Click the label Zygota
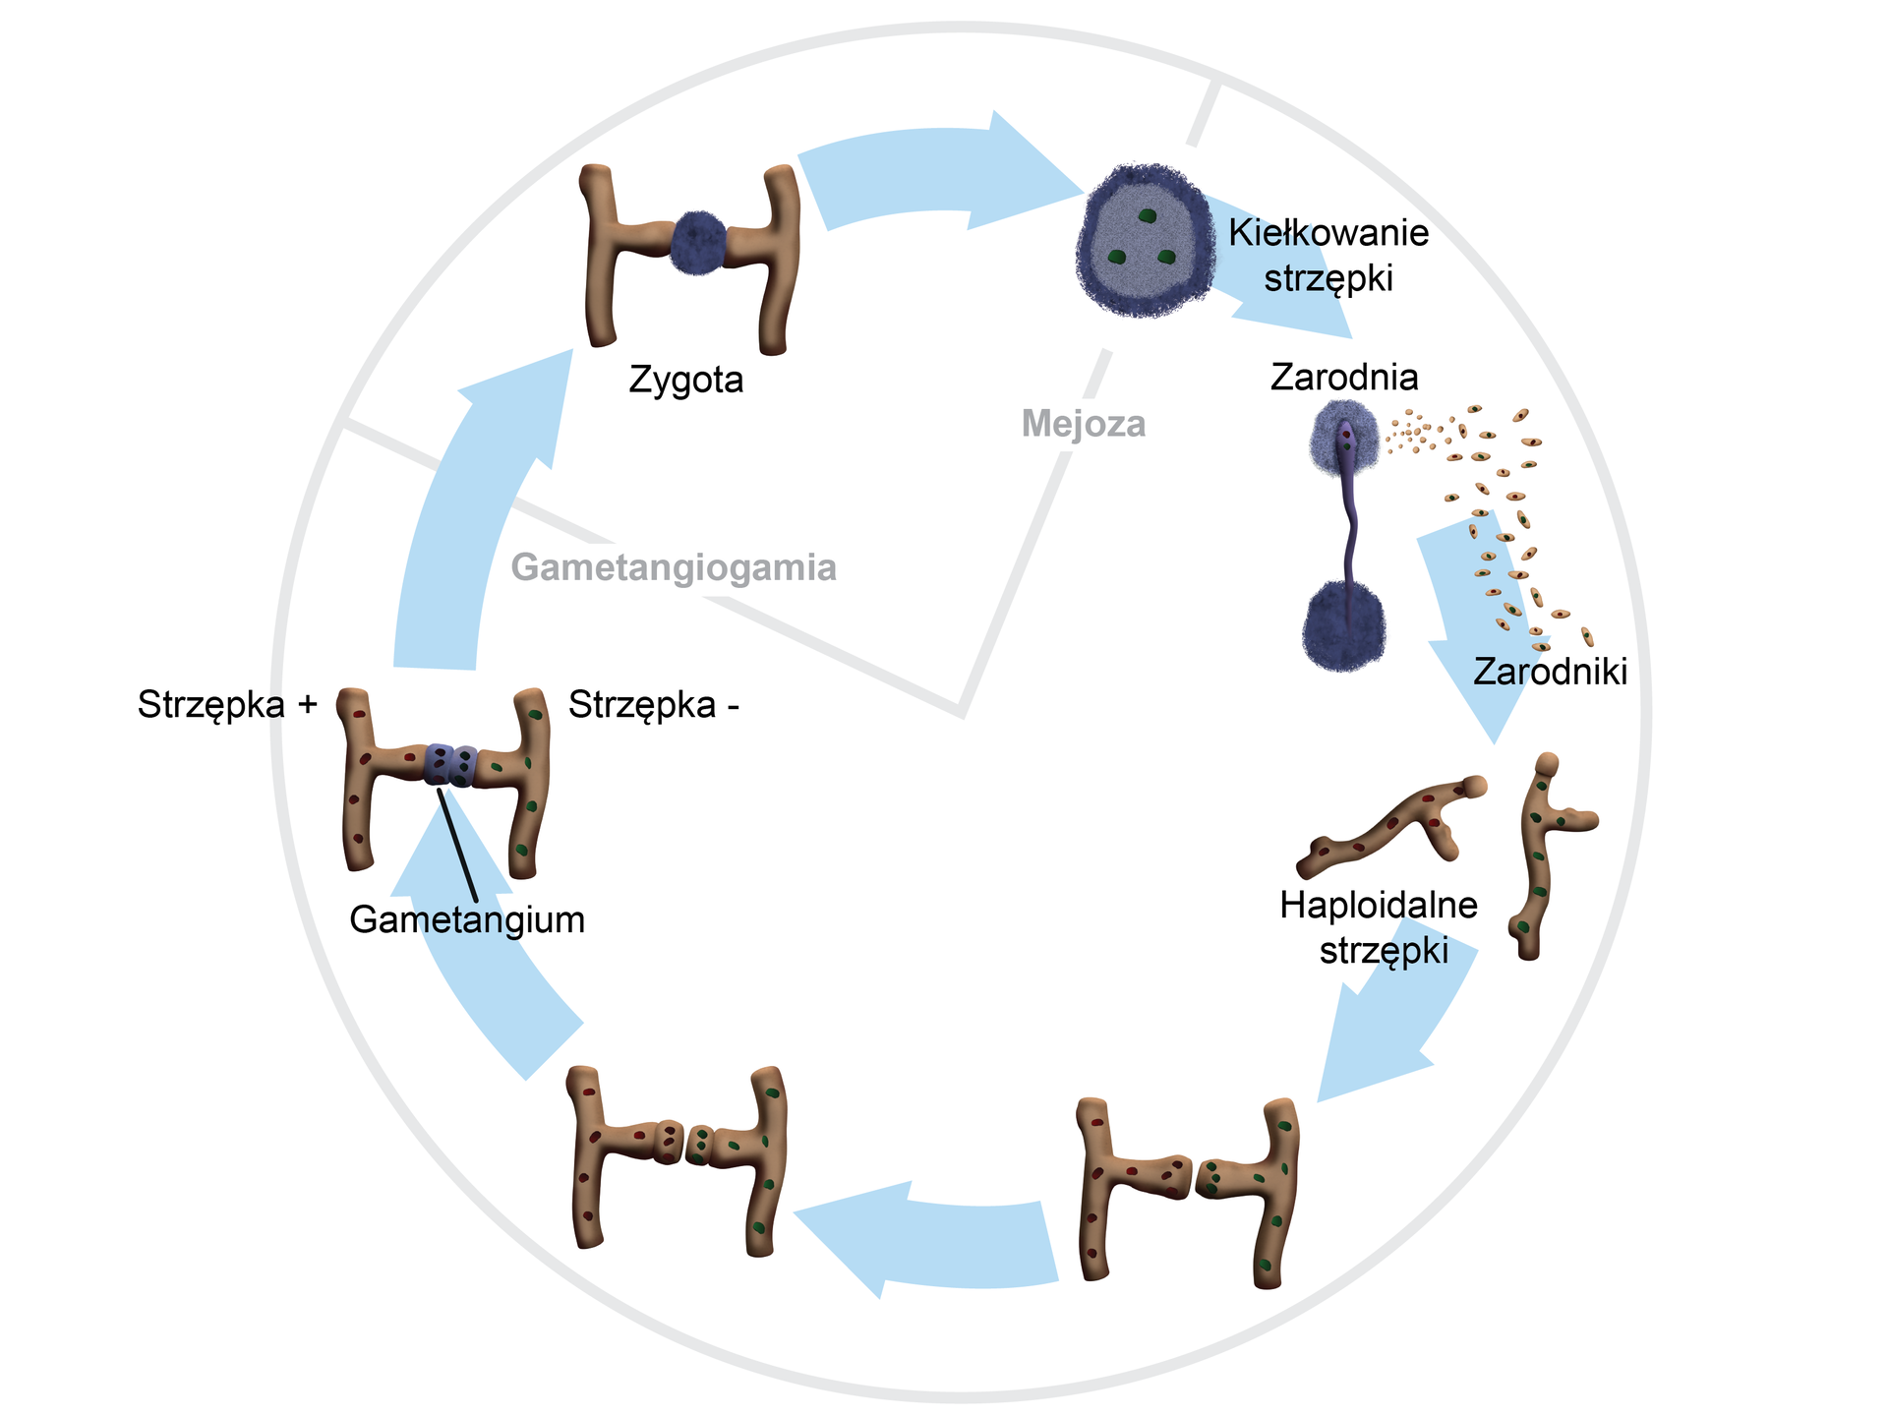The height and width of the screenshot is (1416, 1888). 685,380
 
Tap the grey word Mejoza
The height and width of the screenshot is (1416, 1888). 1084,424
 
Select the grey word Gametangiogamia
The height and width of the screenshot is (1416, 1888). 674,567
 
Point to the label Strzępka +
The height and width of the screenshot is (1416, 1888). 227,704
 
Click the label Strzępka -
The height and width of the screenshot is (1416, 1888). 654,704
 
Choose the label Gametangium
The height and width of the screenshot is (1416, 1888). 467,919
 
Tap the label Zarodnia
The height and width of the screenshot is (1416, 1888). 1344,377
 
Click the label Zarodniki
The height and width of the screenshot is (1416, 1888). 1550,672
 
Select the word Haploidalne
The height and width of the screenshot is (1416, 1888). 1379,905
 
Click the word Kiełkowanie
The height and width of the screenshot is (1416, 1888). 1328,233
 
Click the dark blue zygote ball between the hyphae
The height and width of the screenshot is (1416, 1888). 698,242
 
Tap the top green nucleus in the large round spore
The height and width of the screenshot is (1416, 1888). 1146,215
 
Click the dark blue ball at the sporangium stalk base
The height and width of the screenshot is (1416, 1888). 1343,625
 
